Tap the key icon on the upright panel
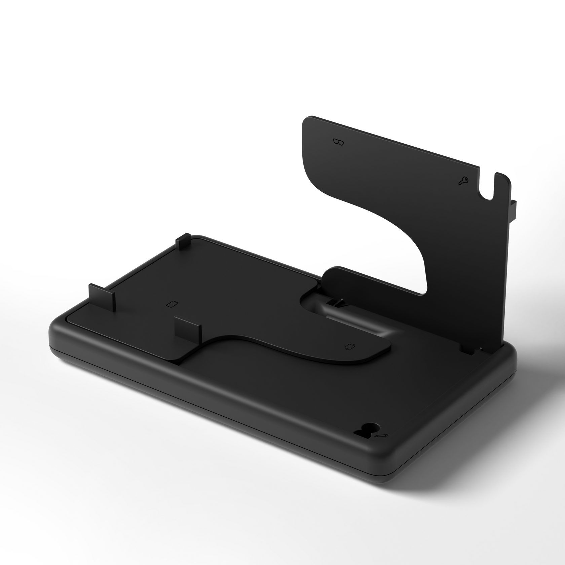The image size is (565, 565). [x=463, y=181]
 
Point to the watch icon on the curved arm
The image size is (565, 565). [x=350, y=346]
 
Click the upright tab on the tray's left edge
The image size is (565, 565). [x=102, y=296]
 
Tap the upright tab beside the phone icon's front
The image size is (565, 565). [x=188, y=329]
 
